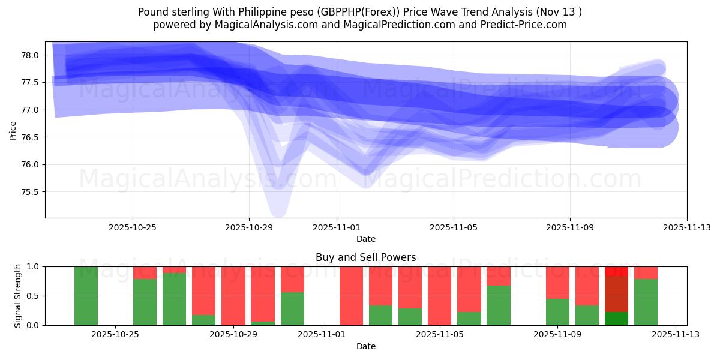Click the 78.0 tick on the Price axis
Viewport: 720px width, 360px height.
click(x=29, y=55)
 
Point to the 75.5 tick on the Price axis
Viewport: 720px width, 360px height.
click(x=29, y=192)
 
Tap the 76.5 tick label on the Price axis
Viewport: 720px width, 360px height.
click(x=29, y=137)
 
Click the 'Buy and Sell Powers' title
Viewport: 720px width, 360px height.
click(x=365, y=257)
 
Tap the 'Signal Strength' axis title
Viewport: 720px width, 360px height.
click(x=18, y=296)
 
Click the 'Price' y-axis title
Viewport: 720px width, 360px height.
click(x=13, y=130)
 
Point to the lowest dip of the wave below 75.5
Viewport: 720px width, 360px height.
click(x=278, y=209)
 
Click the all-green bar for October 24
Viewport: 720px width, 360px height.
click(x=86, y=296)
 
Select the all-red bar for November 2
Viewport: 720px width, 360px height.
click(x=351, y=296)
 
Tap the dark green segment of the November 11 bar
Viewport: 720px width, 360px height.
click(x=616, y=319)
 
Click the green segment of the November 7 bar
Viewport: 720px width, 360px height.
click(x=498, y=305)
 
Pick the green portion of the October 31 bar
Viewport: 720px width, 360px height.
click(x=292, y=308)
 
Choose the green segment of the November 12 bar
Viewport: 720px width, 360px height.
click(x=646, y=302)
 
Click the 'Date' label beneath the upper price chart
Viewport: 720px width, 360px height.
click(x=365, y=239)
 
